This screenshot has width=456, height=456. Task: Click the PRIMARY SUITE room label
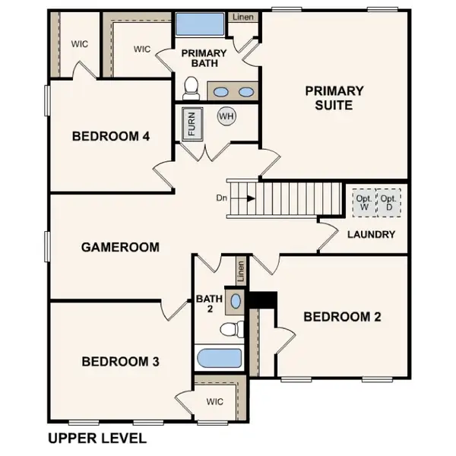[334, 97]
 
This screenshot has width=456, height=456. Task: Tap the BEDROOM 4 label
[122, 137]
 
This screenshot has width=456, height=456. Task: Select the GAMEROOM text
[120, 247]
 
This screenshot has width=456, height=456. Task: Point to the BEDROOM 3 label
[120, 361]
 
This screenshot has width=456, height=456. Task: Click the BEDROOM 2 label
[342, 317]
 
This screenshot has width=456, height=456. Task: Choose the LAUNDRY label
[371, 234]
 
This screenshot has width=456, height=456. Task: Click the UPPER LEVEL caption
[97, 439]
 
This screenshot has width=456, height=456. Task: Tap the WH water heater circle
[226, 116]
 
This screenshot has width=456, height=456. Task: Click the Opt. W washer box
[363, 202]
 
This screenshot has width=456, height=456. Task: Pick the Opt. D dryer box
[389, 202]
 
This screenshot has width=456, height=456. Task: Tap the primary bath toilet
[191, 90]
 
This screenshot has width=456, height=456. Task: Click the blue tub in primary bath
[200, 24]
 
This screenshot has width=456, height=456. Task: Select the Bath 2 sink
[236, 301]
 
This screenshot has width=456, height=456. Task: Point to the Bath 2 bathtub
[219, 358]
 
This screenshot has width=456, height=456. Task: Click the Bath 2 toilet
[232, 329]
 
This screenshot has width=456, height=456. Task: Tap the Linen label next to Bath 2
[241, 269]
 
